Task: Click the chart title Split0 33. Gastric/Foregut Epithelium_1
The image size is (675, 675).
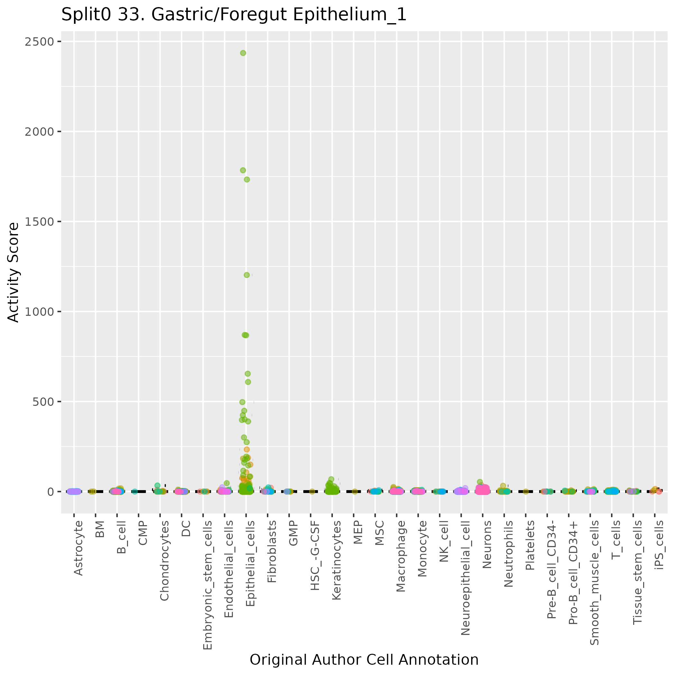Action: (x=234, y=15)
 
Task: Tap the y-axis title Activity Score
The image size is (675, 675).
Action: (x=14, y=272)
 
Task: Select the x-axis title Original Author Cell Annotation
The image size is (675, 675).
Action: (x=364, y=660)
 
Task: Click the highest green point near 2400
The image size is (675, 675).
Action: (x=243, y=53)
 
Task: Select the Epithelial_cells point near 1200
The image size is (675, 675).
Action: (x=247, y=275)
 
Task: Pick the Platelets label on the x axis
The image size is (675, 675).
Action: (x=530, y=545)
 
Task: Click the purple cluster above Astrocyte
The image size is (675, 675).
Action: (x=74, y=491)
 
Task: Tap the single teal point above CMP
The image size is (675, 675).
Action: (x=134, y=492)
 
